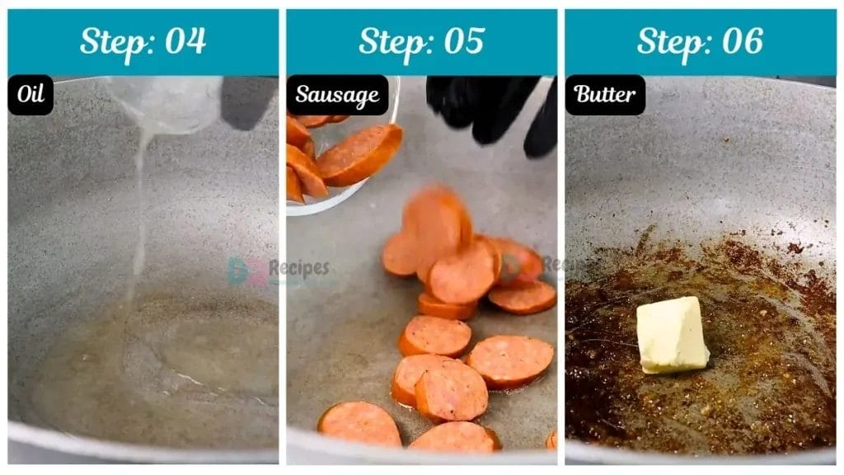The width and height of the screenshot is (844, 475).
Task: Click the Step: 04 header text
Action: coord(143,41)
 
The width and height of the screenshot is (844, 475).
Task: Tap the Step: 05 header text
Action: coord(421,41)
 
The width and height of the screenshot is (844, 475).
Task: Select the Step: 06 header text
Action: coord(700,41)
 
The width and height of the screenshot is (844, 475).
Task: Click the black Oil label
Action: coord(30,95)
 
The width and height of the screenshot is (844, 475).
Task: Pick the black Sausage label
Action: coord(337,95)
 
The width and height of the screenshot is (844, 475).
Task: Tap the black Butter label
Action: coord(605,95)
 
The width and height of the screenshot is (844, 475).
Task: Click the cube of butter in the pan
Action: coord(672,335)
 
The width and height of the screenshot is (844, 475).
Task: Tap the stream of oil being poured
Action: coord(141,214)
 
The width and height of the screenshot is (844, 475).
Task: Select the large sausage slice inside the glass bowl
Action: coord(360,154)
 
